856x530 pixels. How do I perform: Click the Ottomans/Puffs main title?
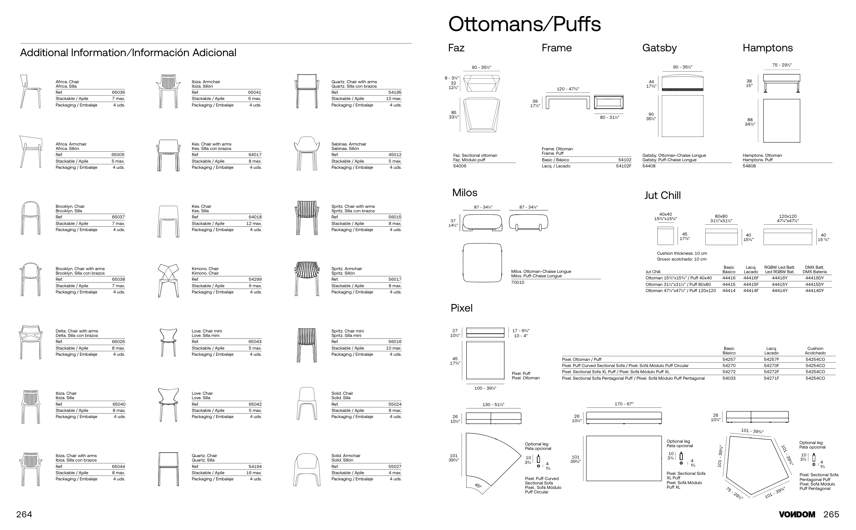525,24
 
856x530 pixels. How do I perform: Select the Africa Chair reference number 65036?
118,92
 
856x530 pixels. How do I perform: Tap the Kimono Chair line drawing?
168,280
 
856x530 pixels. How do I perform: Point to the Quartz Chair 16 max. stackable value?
254,473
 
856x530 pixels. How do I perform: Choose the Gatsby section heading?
659,48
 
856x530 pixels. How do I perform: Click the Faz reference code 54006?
460,166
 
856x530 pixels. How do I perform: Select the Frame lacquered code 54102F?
623,166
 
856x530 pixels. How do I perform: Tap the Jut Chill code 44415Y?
780,285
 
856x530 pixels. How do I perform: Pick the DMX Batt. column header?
814,269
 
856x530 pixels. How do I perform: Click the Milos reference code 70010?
517,282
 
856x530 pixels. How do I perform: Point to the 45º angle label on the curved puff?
478,486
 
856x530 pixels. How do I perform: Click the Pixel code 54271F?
771,379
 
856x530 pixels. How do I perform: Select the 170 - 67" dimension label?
624,404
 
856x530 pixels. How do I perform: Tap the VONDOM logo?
797,515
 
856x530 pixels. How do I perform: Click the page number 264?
24,515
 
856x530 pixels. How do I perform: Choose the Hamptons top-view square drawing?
781,121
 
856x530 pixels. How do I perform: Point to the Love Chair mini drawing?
168,342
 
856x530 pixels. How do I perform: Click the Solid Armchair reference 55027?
395,467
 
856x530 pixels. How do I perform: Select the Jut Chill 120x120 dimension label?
788,219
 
